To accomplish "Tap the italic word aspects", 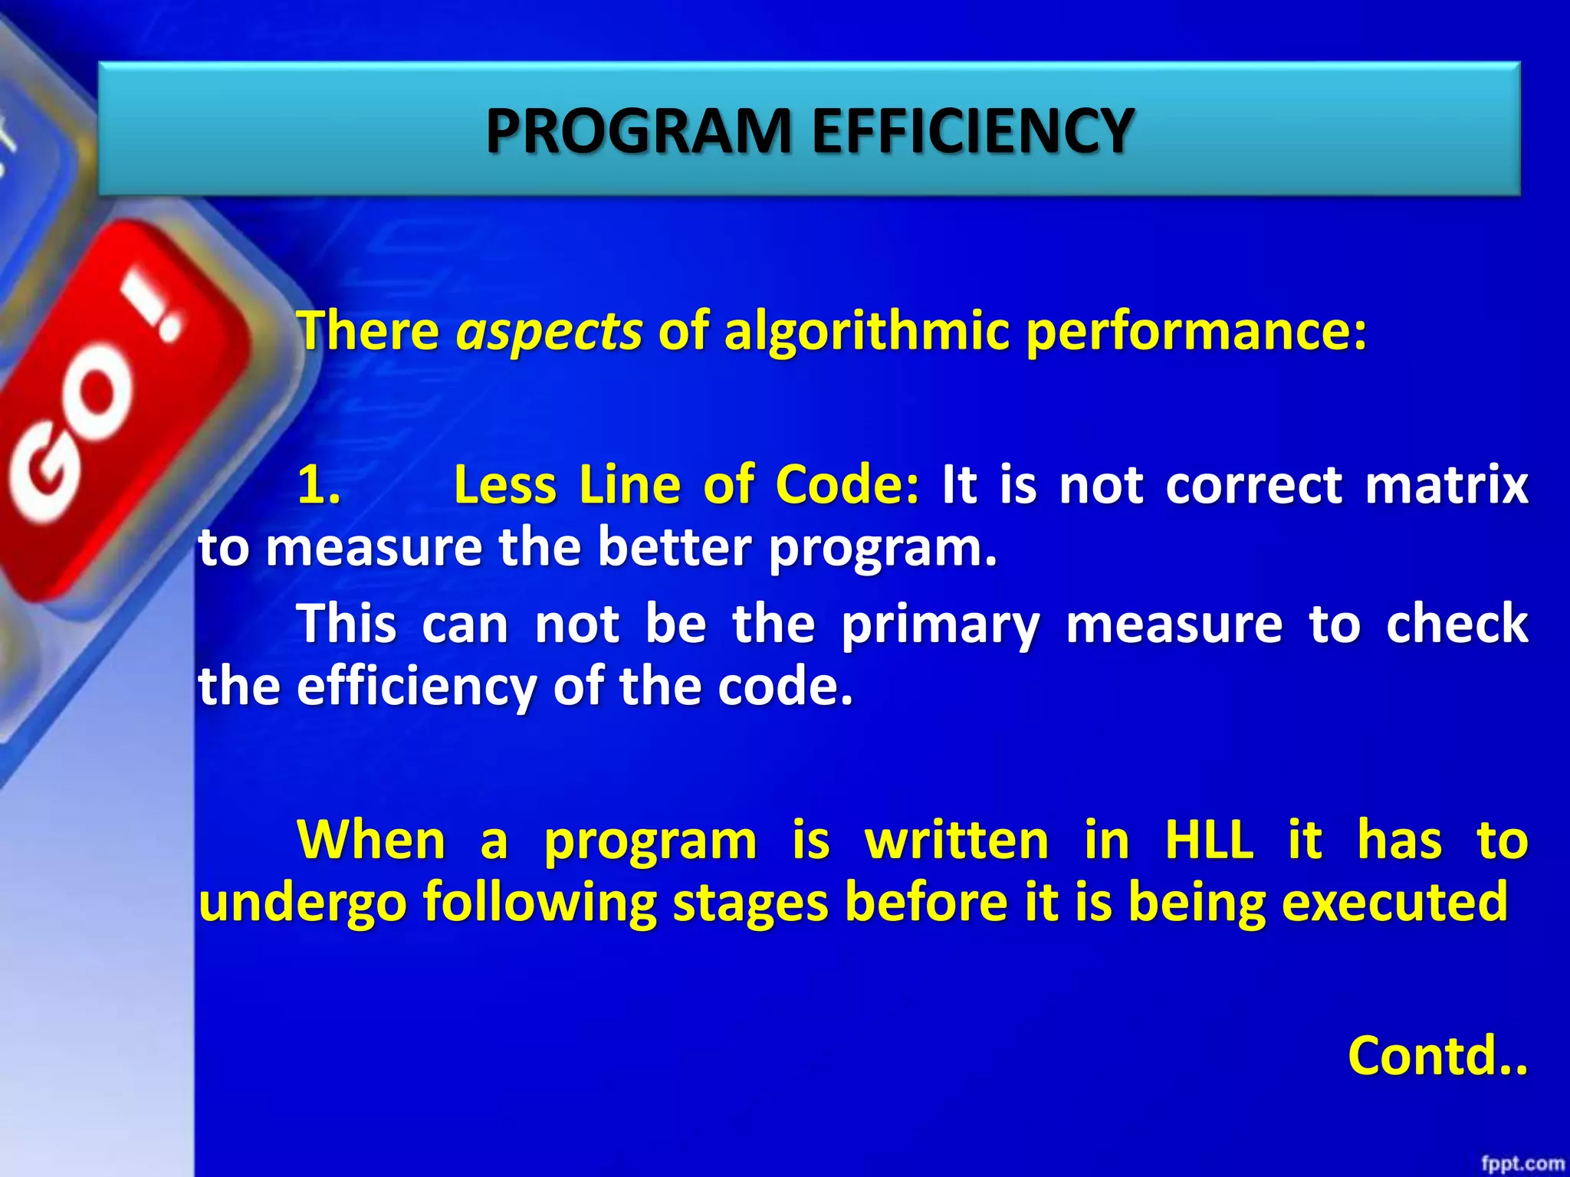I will pyautogui.click(x=549, y=331).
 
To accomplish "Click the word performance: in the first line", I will pyautogui.click(x=1196, y=331).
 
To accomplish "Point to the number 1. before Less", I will pyautogui.click(x=319, y=485).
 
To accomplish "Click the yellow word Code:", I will pyautogui.click(x=846, y=485).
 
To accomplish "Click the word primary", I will pyautogui.click(x=940, y=624).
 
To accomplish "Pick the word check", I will pyautogui.click(x=1457, y=624).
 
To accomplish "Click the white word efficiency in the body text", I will pyautogui.click(x=416, y=686).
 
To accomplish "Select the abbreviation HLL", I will pyautogui.click(x=1209, y=840).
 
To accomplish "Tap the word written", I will pyautogui.click(x=957, y=840).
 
